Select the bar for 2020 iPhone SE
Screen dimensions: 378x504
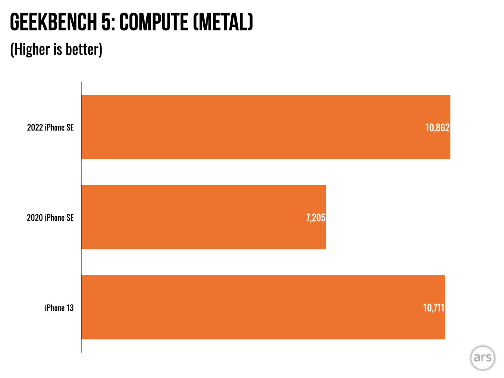pyautogui.click(x=203, y=217)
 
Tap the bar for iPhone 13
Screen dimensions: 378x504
pyautogui.click(x=263, y=307)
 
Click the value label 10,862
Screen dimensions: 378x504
pyautogui.click(x=437, y=127)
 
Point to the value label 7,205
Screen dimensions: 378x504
pyautogui.click(x=316, y=218)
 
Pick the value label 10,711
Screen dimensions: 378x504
pyautogui.click(x=434, y=308)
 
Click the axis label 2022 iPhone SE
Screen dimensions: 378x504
pyautogui.click(x=50, y=127)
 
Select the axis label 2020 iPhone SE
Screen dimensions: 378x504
pyautogui.click(x=50, y=218)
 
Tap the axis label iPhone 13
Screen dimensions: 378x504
pyautogui.click(x=59, y=308)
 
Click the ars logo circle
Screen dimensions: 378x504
pyautogui.click(x=483, y=358)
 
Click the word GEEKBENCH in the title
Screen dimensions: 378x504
pyautogui.click(x=53, y=22)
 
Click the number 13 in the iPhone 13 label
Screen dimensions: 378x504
pyautogui.click(x=70, y=308)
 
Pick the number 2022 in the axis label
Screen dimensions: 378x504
pyautogui.click(x=35, y=127)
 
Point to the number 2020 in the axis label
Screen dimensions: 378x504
pyautogui.click(x=35, y=218)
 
